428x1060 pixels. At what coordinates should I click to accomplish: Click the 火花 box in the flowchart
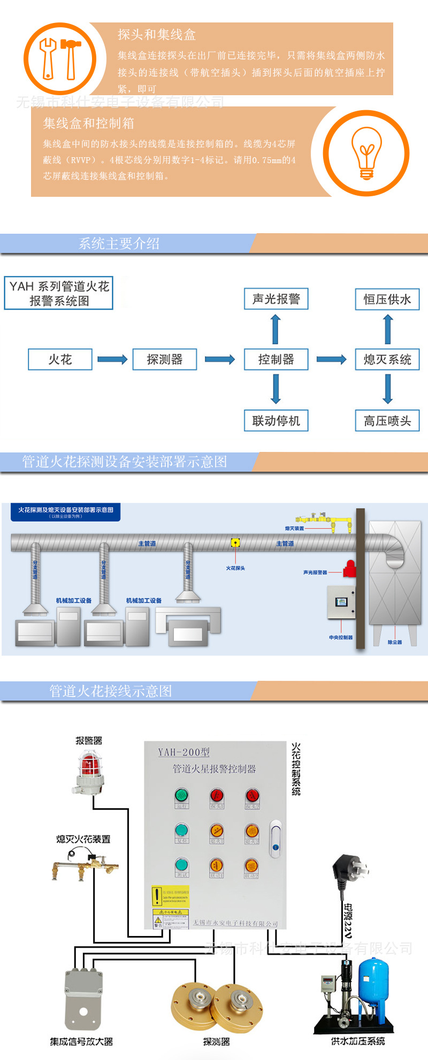pos(60,359)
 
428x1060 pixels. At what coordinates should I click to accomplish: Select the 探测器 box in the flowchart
pos(165,359)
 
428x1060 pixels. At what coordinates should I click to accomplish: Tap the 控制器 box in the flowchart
pos(276,359)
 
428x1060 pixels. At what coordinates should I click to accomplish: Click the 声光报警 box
pos(276,299)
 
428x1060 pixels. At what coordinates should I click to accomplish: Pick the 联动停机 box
pos(276,421)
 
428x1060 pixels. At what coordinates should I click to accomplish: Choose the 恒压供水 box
pos(387,299)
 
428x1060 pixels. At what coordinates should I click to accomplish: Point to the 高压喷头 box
pos(387,421)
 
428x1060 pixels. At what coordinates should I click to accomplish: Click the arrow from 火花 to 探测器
pos(112,359)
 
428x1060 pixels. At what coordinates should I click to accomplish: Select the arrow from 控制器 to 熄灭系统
pos(332,359)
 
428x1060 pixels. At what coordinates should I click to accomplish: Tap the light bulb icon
pos(366,153)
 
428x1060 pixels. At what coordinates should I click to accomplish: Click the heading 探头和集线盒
pos(157,35)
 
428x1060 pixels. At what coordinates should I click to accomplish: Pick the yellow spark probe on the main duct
pos(235,543)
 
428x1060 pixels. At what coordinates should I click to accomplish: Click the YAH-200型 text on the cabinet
pos(184,752)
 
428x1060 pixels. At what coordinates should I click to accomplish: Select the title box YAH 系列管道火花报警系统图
pos(59,293)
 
